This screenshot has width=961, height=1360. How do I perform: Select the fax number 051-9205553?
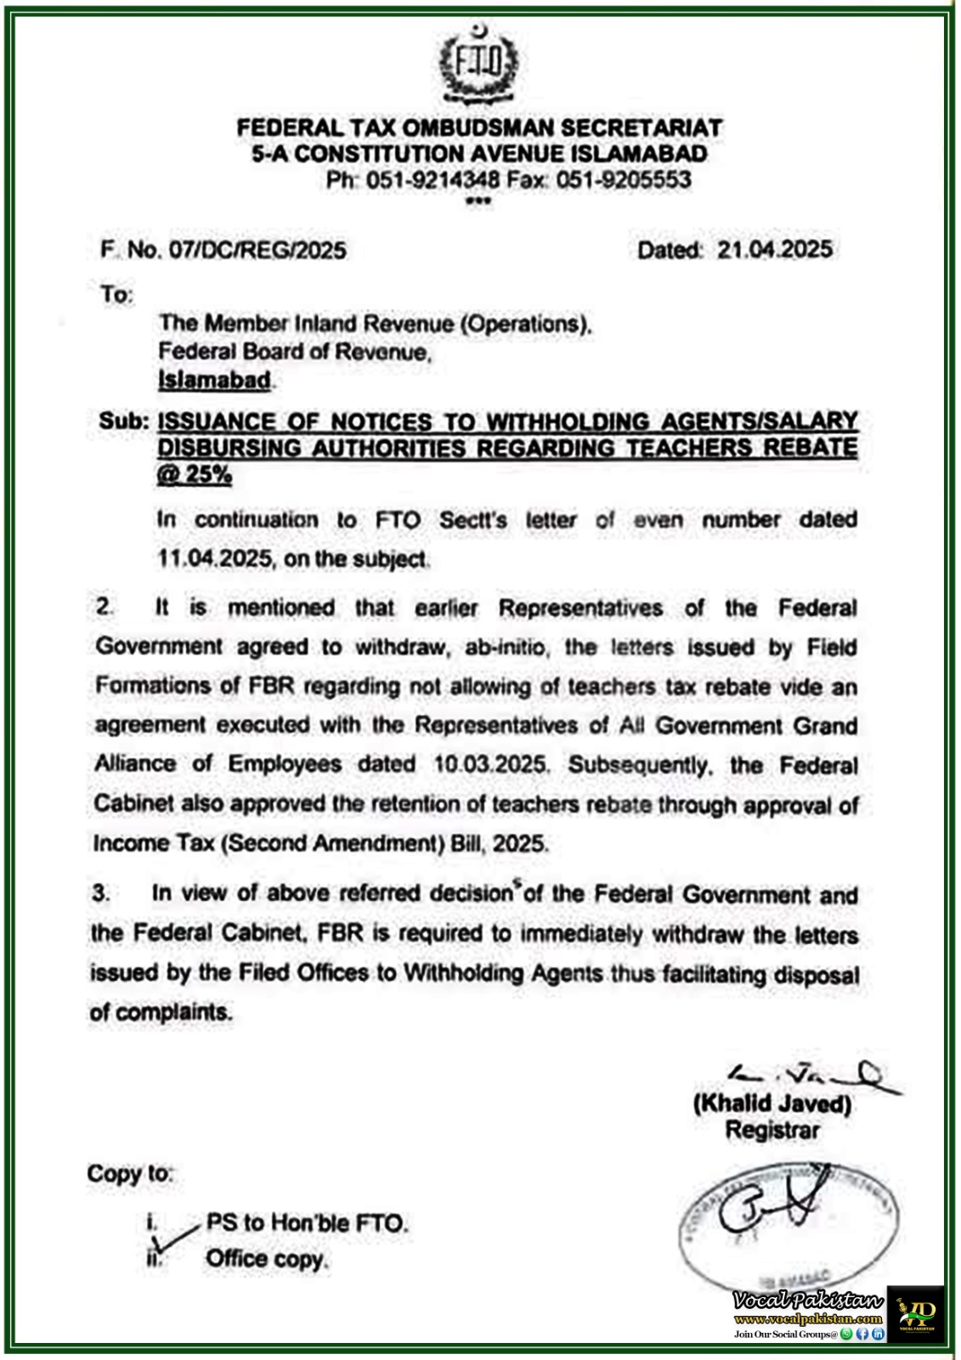pyautogui.click(x=624, y=180)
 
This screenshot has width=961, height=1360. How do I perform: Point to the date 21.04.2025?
pyautogui.click(x=774, y=250)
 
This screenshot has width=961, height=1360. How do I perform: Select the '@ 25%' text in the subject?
pyautogui.click(x=194, y=474)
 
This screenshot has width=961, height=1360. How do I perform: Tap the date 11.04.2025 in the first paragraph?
pyautogui.click(x=215, y=559)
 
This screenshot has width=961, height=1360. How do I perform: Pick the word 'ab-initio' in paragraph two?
pyautogui.click(x=508, y=648)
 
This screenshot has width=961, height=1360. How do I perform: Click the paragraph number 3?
pyautogui.click(x=101, y=893)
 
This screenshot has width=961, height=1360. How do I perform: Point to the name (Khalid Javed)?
pyautogui.click(x=772, y=1103)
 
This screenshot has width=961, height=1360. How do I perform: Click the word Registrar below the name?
pyautogui.click(x=772, y=1130)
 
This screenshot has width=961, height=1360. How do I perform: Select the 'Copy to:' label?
pyautogui.click(x=130, y=1174)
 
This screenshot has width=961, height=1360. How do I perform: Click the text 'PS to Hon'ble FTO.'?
pyautogui.click(x=307, y=1223)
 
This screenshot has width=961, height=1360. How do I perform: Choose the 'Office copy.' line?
pyautogui.click(x=267, y=1259)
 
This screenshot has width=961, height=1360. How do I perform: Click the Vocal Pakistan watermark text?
pyautogui.click(x=808, y=1300)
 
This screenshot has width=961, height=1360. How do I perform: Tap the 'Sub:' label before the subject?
pyautogui.click(x=124, y=422)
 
